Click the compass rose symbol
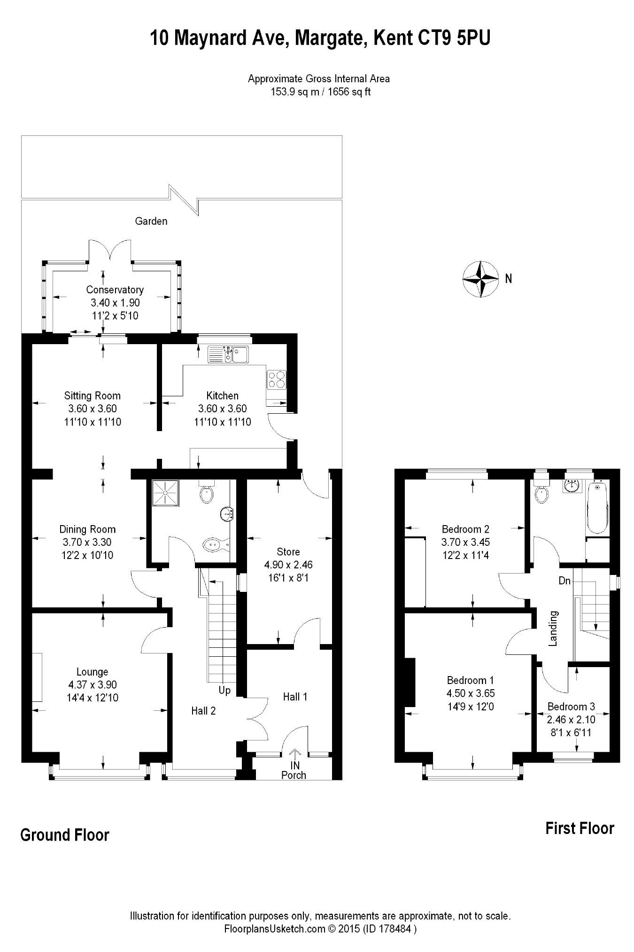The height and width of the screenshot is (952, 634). pos(480,279)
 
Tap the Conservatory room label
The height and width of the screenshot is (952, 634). pos(115,290)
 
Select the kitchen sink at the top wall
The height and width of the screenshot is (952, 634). pos(229,354)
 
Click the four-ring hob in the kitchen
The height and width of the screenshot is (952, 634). pos(276,379)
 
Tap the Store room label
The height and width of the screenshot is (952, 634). pos(288,551)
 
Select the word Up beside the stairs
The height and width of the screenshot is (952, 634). pos(224,691)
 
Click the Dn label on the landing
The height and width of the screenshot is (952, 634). pos(564,581)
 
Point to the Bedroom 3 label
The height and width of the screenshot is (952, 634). pos(571,707)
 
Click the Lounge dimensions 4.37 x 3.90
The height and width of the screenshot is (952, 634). pos(92,685)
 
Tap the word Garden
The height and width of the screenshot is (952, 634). pos(151,221)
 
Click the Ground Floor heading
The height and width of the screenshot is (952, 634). pos(65,835)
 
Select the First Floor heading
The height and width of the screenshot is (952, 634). pos(580,828)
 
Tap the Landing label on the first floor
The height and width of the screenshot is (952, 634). pos(553,628)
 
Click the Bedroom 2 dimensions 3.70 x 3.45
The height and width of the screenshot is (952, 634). pos(465,542)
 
